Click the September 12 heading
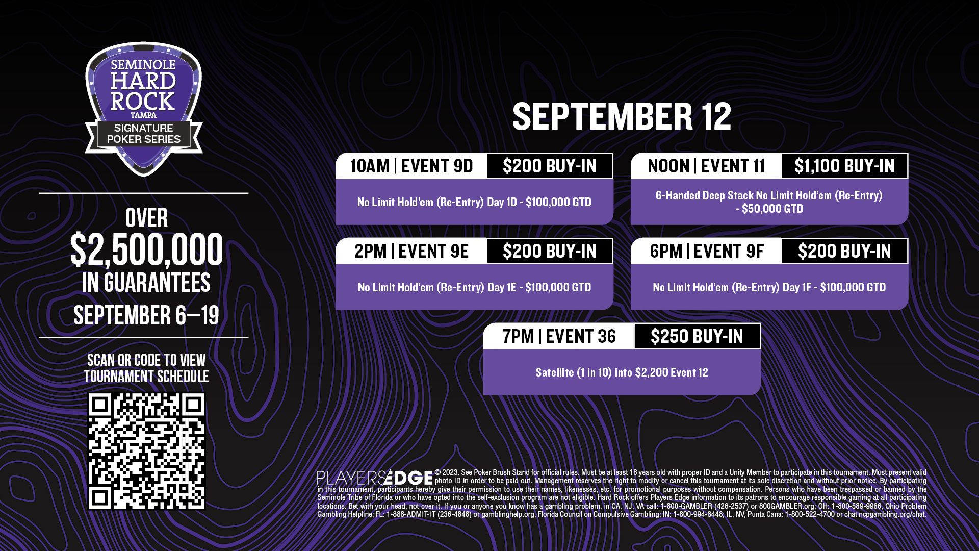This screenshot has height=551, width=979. (x=622, y=116)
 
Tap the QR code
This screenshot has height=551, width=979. (x=146, y=451)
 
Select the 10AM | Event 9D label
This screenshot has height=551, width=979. (x=411, y=166)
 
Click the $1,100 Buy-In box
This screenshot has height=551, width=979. (x=844, y=166)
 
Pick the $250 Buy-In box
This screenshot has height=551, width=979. (x=697, y=336)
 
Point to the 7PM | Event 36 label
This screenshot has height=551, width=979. (x=559, y=336)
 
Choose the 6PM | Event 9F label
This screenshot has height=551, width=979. (x=707, y=251)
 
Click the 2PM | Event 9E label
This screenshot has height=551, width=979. (x=411, y=251)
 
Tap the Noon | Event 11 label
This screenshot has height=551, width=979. (x=706, y=166)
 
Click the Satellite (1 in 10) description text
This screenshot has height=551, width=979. (x=622, y=372)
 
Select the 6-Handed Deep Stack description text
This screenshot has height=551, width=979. (x=769, y=202)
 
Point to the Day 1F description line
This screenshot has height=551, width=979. (x=769, y=287)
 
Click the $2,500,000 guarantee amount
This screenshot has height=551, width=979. (x=146, y=249)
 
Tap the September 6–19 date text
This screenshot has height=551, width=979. (x=146, y=315)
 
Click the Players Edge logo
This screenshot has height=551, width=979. (x=375, y=478)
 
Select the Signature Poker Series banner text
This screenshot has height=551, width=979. (x=143, y=134)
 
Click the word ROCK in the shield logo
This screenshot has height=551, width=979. (x=143, y=102)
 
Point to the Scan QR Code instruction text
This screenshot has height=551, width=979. (x=146, y=368)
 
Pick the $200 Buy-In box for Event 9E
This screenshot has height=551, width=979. (x=550, y=251)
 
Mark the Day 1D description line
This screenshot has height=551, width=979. (x=474, y=202)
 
